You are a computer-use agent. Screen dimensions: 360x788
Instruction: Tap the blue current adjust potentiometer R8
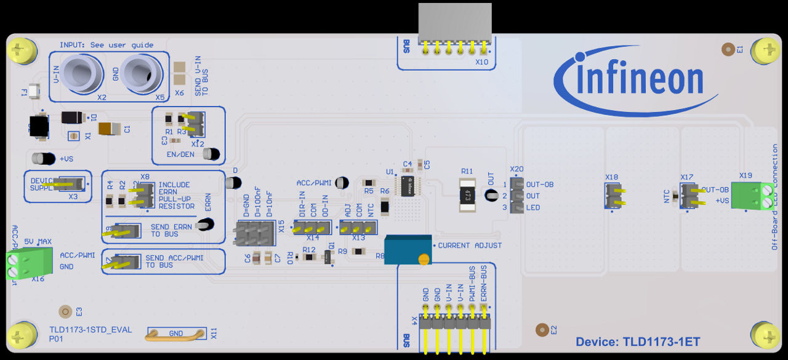pos(407,249)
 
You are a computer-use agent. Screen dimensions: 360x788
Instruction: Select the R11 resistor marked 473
pos(468,196)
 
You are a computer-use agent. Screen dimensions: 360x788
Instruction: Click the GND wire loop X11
pos(175,334)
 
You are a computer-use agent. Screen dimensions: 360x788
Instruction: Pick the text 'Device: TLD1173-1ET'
pos(637,342)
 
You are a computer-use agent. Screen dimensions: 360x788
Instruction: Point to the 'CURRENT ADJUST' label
pos(469,246)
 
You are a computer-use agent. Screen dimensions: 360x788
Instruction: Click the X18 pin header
pos(612,195)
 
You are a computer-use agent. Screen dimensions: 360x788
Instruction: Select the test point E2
pos(542,330)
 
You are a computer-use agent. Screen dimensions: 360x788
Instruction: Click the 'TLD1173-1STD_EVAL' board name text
pos(90,330)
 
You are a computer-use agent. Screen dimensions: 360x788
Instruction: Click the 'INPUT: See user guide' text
pos(106,45)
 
